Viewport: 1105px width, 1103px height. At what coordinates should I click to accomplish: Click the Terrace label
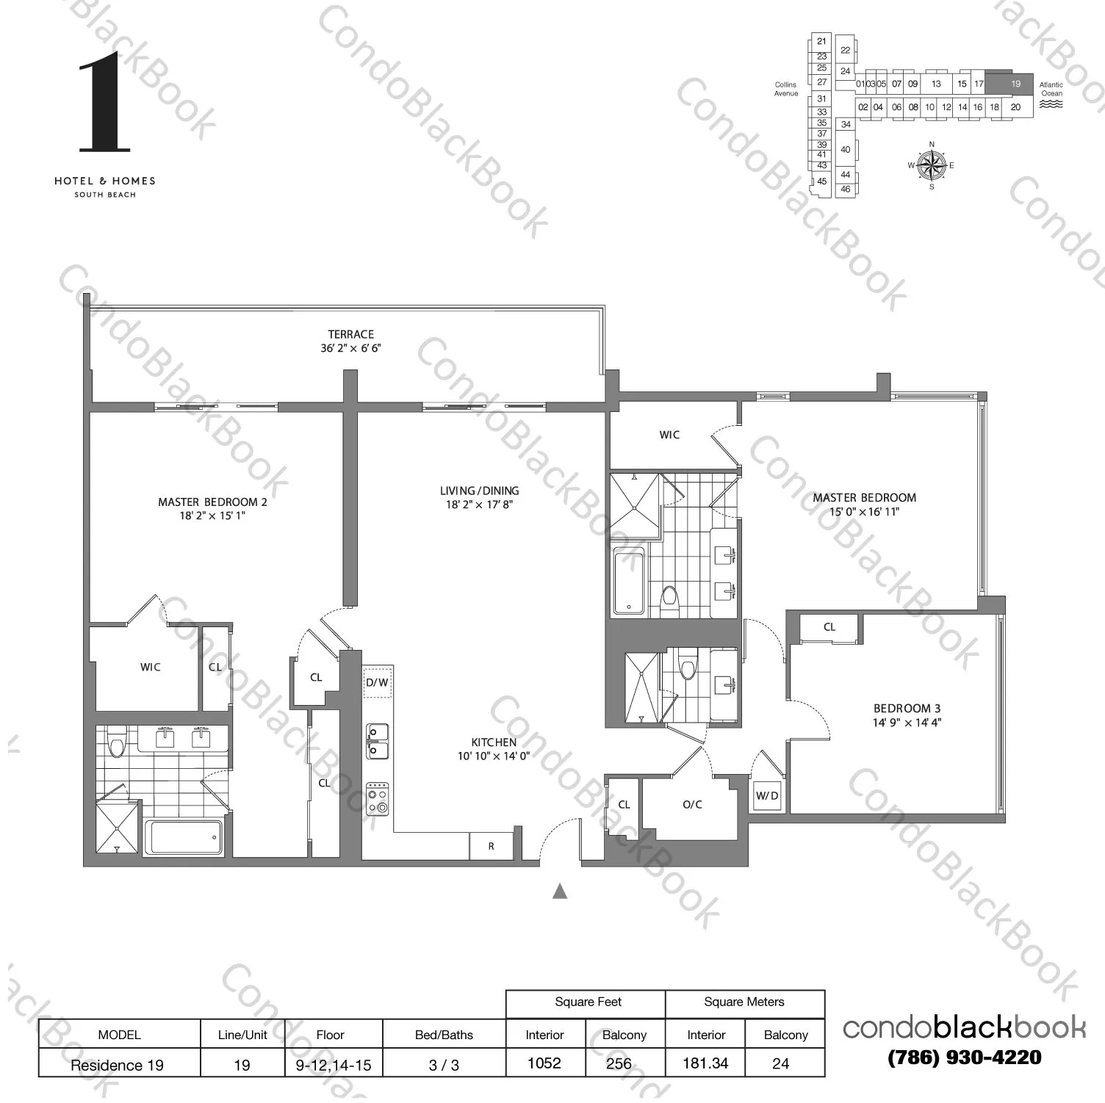(x=350, y=341)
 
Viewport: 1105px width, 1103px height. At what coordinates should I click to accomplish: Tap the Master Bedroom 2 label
(x=212, y=508)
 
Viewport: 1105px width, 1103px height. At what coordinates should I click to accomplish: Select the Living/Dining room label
(x=479, y=497)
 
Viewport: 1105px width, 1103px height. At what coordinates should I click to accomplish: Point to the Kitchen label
(x=494, y=748)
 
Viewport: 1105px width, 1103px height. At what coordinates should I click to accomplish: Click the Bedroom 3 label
(x=907, y=715)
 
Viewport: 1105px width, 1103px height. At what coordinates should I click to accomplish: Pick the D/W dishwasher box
(x=378, y=682)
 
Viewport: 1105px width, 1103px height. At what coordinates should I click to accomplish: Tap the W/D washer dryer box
(x=767, y=796)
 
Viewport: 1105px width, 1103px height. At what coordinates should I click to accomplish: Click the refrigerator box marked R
(x=491, y=846)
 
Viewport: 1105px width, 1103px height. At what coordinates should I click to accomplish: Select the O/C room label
(x=692, y=804)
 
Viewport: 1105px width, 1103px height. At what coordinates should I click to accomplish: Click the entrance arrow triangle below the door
(x=560, y=891)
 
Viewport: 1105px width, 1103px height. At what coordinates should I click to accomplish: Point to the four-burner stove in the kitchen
(x=378, y=800)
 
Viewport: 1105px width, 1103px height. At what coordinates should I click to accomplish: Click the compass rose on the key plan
(x=932, y=165)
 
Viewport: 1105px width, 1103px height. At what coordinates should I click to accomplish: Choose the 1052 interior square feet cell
(x=544, y=1063)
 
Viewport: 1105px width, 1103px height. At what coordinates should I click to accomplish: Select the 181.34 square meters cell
(x=705, y=1063)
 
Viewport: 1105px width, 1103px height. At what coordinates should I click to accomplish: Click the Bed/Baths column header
(x=444, y=1035)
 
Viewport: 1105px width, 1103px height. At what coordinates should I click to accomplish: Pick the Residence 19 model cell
(x=118, y=1065)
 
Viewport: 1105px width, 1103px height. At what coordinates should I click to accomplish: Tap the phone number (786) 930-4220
(x=964, y=1057)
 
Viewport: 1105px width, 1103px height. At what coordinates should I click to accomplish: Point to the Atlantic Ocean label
(x=1051, y=89)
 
